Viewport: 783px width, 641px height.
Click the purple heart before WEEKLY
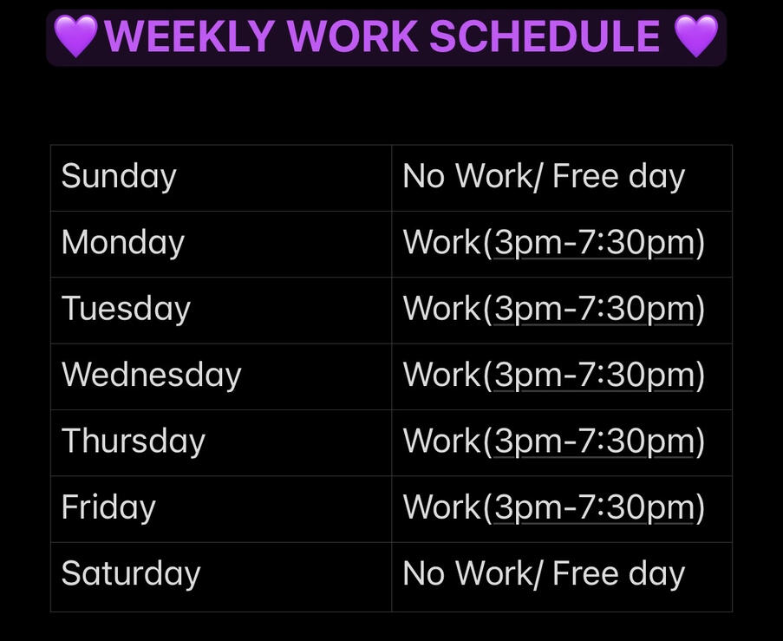pyautogui.click(x=75, y=36)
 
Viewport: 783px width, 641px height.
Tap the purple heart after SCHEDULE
pyautogui.click(x=696, y=36)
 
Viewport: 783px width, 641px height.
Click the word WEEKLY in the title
pyautogui.click(x=189, y=36)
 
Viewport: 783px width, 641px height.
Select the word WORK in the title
pyautogui.click(x=353, y=36)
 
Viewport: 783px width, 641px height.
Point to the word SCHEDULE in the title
pyautogui.click(x=545, y=36)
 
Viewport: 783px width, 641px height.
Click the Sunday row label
pyautogui.click(x=119, y=177)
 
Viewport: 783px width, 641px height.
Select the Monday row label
pyautogui.click(x=123, y=243)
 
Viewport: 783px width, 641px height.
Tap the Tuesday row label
pyautogui.click(x=126, y=309)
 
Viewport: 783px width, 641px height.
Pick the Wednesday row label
pyautogui.click(x=151, y=375)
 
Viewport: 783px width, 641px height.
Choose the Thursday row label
pyautogui.click(x=134, y=442)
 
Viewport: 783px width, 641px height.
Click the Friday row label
pyautogui.click(x=108, y=507)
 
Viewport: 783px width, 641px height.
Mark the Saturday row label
pyautogui.click(x=131, y=573)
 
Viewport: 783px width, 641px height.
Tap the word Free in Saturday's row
pyautogui.click(x=585, y=572)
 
